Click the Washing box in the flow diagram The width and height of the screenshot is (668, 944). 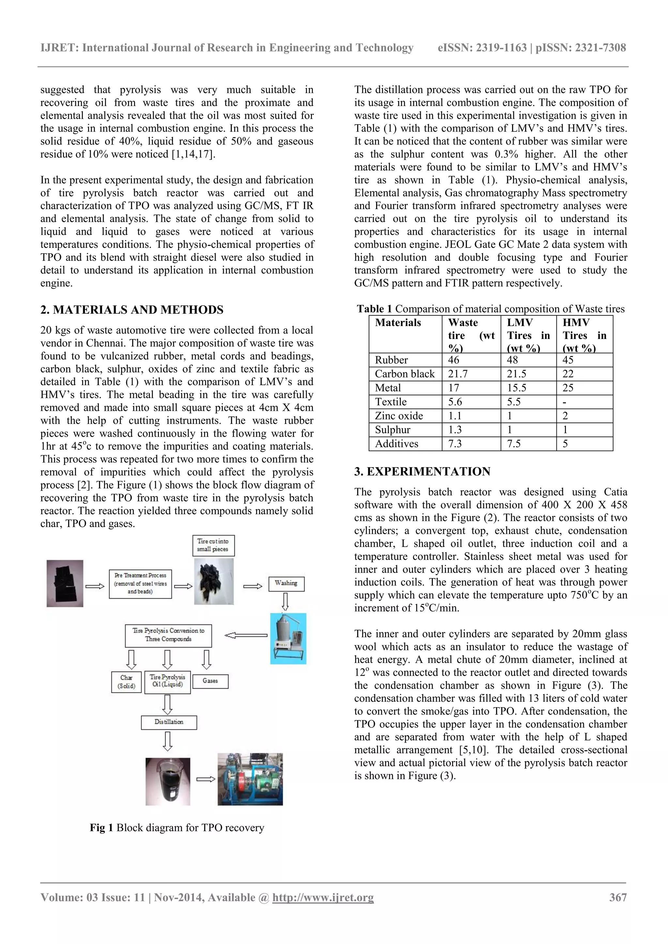(x=286, y=583)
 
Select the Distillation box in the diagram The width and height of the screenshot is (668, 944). (x=169, y=722)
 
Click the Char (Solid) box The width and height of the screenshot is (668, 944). (x=126, y=682)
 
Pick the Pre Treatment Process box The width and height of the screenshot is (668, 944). (x=140, y=583)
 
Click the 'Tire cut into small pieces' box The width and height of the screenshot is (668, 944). (x=213, y=545)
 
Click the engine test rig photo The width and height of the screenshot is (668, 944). (x=250, y=779)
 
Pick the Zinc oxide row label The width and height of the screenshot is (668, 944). (x=399, y=416)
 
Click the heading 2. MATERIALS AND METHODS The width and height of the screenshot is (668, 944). (x=132, y=309)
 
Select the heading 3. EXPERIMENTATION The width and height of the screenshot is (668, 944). (x=422, y=471)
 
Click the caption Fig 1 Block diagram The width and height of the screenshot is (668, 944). (x=177, y=828)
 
